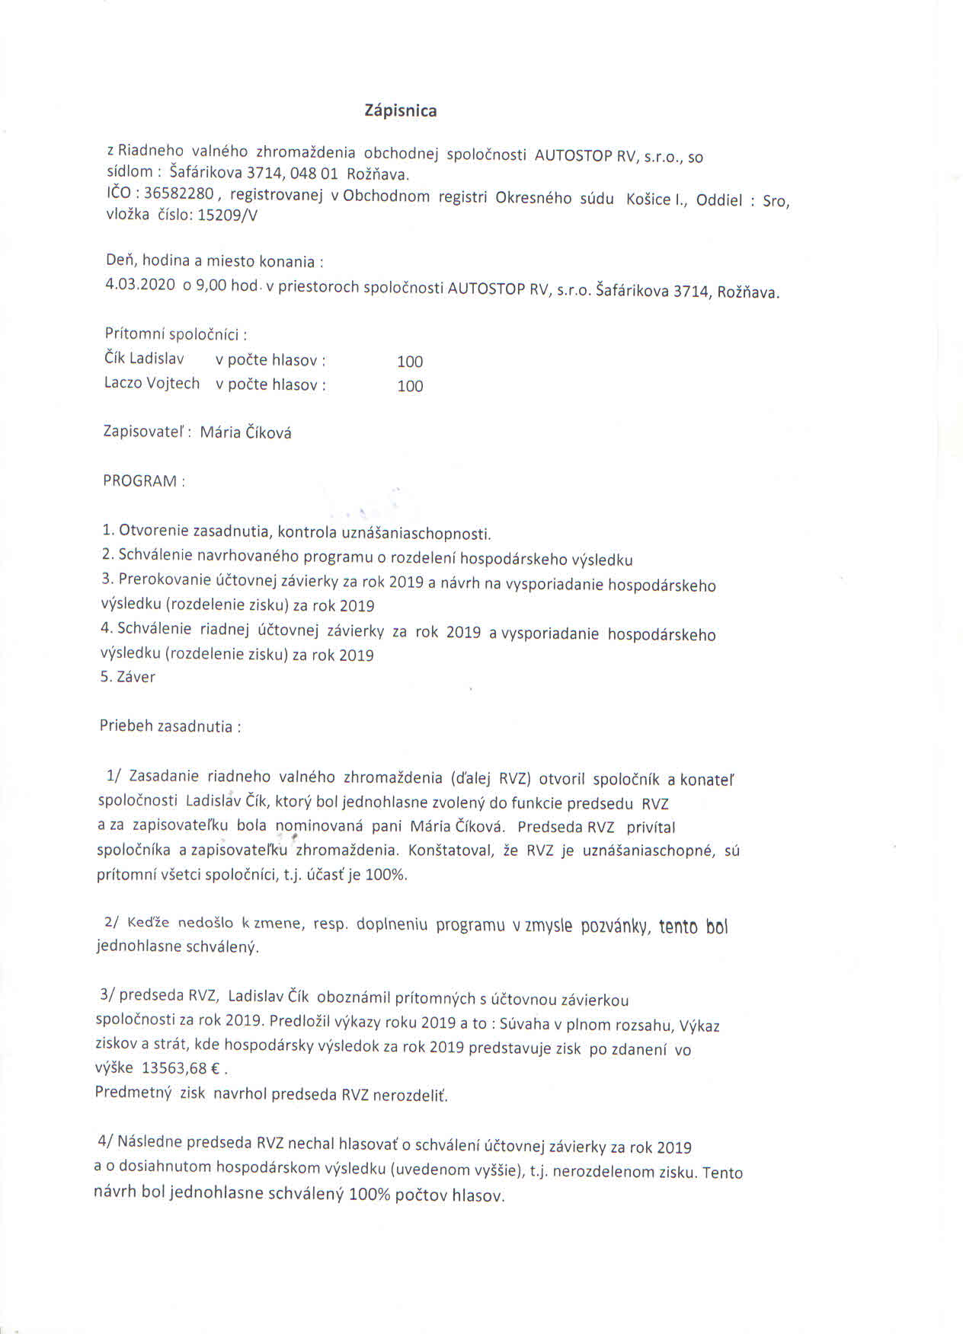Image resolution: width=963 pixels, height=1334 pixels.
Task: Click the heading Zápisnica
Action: (401, 111)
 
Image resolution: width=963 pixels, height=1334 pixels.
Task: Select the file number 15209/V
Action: (227, 215)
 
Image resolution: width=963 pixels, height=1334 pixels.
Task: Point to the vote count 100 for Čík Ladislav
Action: (410, 362)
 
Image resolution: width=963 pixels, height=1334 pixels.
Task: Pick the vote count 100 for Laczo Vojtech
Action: (410, 386)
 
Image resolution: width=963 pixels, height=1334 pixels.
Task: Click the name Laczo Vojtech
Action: (152, 383)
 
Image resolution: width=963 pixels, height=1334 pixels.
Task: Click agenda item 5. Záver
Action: (128, 677)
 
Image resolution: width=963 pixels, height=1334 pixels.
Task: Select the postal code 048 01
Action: (314, 174)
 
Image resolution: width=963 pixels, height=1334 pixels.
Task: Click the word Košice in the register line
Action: (648, 199)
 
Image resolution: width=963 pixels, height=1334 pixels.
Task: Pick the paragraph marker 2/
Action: (111, 922)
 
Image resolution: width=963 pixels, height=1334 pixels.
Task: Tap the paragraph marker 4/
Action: (105, 1141)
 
